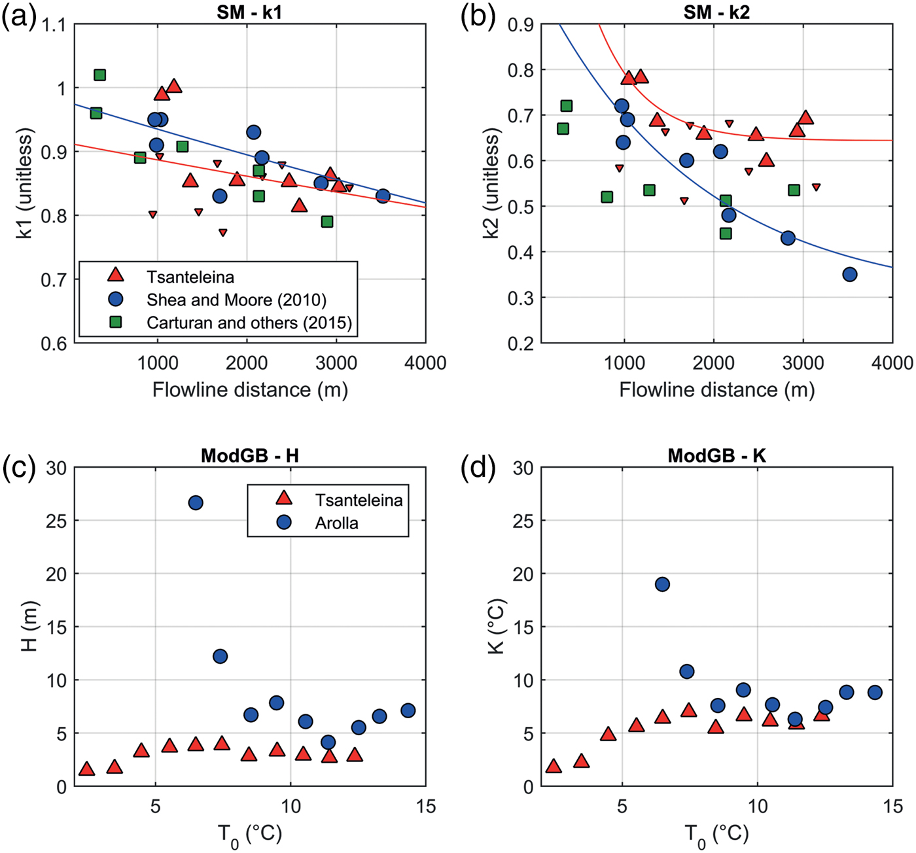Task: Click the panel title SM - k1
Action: click(x=249, y=12)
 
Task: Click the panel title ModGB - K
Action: click(x=716, y=456)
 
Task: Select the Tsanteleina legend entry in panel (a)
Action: click(x=190, y=277)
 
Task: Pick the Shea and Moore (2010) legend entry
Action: click(x=236, y=300)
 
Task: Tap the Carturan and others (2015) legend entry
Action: click(x=249, y=322)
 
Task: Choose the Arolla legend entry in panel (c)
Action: click(x=336, y=523)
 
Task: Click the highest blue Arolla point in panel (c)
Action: click(x=196, y=503)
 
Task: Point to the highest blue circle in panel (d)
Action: click(x=662, y=584)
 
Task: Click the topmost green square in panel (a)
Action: click(x=100, y=75)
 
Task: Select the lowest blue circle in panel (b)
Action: click(x=850, y=275)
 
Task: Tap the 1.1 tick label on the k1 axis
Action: click(x=54, y=26)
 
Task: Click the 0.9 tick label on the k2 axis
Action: click(x=521, y=25)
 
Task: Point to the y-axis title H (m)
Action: click(x=29, y=627)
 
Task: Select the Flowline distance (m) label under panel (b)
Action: click(x=716, y=390)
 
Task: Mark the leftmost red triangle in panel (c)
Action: click(x=86, y=769)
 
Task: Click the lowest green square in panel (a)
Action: click(x=327, y=222)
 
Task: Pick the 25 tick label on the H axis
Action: click(x=57, y=521)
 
